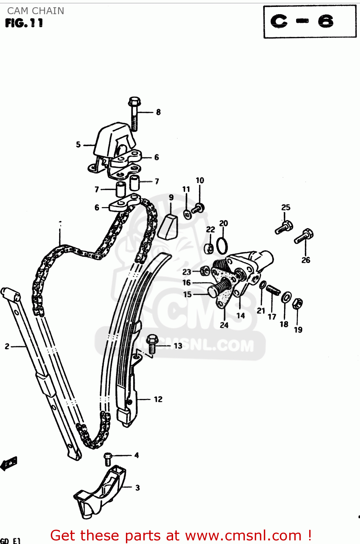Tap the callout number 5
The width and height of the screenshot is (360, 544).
[x=78, y=145]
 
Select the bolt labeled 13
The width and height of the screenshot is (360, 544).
[x=152, y=343]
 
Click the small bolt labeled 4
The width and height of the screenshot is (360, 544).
[x=108, y=459]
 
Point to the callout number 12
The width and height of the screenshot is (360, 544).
[x=158, y=399]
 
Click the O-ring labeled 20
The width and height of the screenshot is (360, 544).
[x=222, y=246]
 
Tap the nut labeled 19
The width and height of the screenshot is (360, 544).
[x=298, y=303]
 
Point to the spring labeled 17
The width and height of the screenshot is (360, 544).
[x=273, y=290]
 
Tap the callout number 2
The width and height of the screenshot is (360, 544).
[x=7, y=346]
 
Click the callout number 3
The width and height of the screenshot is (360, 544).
[x=138, y=488]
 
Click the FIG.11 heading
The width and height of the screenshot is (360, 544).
[x=24, y=23]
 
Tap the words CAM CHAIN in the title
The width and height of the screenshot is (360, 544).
[x=36, y=11]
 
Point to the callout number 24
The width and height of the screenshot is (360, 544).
[x=224, y=325]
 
